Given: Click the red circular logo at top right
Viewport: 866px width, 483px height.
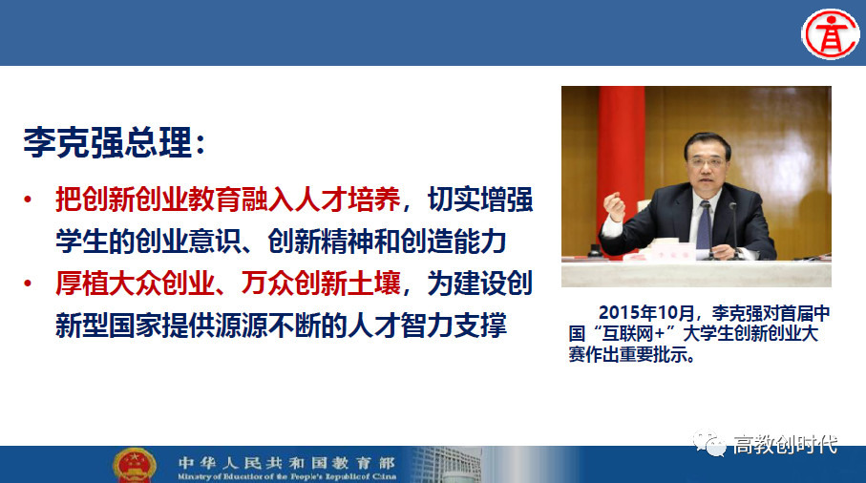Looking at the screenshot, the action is tap(830, 33).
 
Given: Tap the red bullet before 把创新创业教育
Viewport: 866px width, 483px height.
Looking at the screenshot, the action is tap(28, 199).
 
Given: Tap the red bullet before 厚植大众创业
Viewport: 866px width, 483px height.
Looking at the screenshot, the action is tap(28, 283).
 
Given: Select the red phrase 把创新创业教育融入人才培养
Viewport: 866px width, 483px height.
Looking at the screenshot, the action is tap(227, 199).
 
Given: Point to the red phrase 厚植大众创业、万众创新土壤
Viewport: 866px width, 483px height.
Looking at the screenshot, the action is tap(227, 283).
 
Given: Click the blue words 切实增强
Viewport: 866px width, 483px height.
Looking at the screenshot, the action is tap(480, 199).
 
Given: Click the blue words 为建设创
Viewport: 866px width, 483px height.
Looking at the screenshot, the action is tap(480, 283).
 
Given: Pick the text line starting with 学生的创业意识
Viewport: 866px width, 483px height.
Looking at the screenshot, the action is tap(281, 241).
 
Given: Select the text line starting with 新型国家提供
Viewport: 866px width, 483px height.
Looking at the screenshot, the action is tap(281, 325).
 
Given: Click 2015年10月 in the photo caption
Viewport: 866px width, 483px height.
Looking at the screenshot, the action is tap(646, 313).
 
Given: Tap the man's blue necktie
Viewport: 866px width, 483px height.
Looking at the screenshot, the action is tap(705, 226).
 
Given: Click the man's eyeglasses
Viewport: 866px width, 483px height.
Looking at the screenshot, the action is tap(708, 160).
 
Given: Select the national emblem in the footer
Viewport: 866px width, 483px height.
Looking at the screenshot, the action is tap(135, 465).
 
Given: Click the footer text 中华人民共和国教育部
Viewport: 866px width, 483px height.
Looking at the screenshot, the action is tap(286, 463).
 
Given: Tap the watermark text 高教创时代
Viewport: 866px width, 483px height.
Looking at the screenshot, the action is tap(786, 444).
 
